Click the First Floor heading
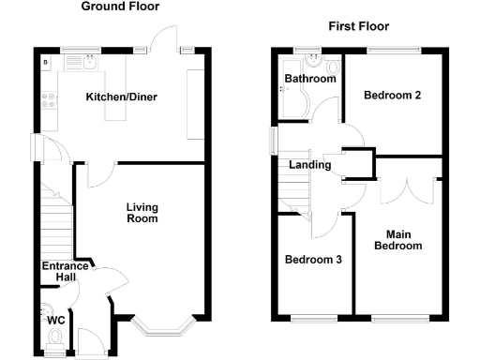(358, 26)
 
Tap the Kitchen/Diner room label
(122, 97)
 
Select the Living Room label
(142, 212)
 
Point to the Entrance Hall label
(65, 272)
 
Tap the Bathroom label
(310, 79)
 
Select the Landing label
(310, 165)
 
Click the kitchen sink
(87, 62)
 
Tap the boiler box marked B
(45, 62)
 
